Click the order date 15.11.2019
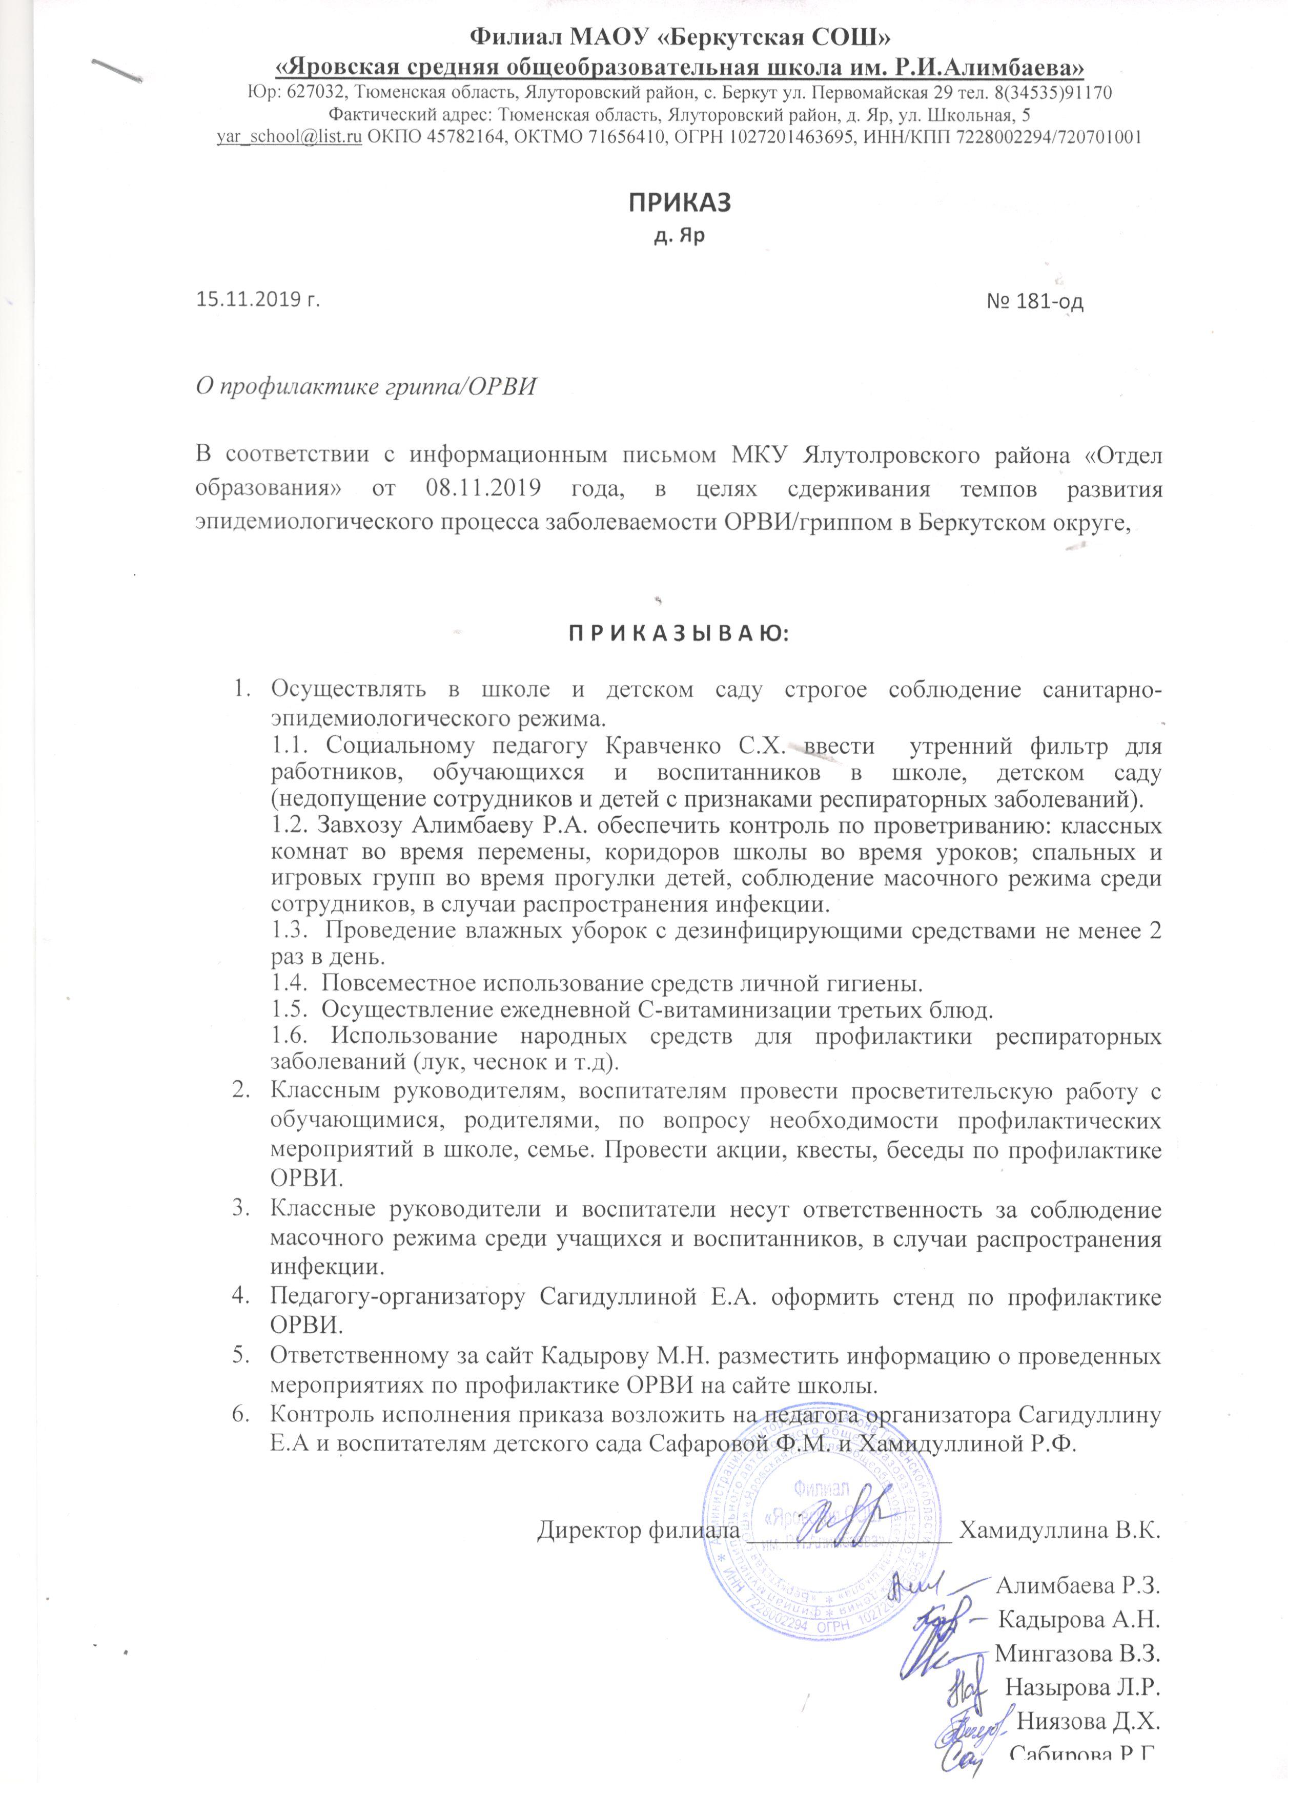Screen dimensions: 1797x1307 point(252,300)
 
